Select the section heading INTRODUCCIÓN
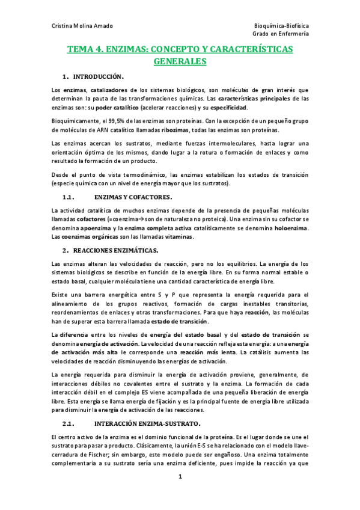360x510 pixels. coord(98,77)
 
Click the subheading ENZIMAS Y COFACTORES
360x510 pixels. coord(133,197)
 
